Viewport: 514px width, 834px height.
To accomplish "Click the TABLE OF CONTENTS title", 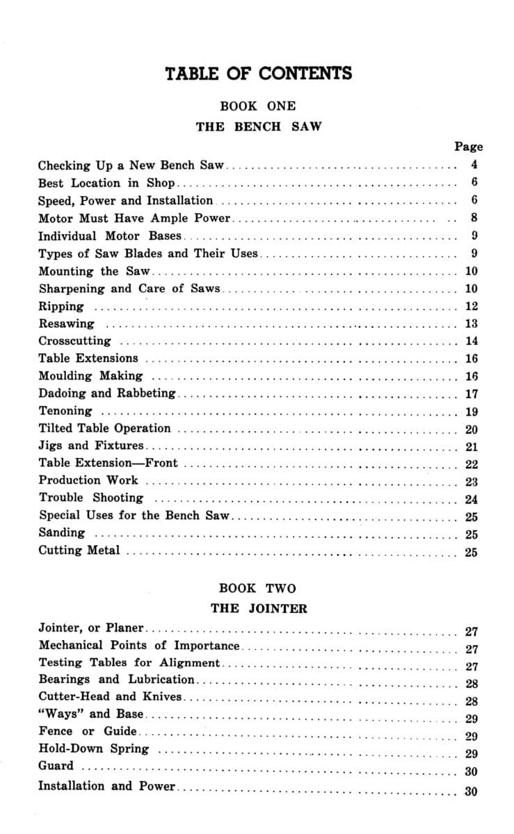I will pyautogui.click(x=258, y=74).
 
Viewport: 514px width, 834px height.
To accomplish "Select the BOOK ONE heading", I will pyautogui.click(x=257, y=106).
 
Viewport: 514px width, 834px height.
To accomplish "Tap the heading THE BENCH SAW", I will pyautogui.click(x=258, y=127).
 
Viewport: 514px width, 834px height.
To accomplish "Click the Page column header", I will pyautogui.click(x=468, y=146).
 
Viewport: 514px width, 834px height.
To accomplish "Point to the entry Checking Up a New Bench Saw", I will pyautogui.click(x=131, y=166).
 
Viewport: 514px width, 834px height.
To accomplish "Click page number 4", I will pyautogui.click(x=474, y=165).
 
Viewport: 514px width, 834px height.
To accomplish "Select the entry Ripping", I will pyautogui.click(x=61, y=306).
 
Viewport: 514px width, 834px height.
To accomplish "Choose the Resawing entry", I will pyautogui.click(x=66, y=324).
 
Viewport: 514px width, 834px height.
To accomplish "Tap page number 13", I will pyautogui.click(x=471, y=324).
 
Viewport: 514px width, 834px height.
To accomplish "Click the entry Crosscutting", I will pyautogui.click(x=74, y=341).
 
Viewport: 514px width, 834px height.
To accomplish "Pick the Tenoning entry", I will pyautogui.click(x=65, y=411).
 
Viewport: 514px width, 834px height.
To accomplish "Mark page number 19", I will pyautogui.click(x=471, y=411).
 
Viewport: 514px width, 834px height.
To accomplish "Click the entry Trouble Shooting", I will pyautogui.click(x=90, y=498).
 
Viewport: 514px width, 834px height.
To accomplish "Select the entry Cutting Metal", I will pyautogui.click(x=79, y=550).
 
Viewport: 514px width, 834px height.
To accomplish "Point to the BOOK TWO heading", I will pyautogui.click(x=257, y=588).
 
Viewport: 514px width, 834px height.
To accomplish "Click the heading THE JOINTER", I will pyautogui.click(x=258, y=609).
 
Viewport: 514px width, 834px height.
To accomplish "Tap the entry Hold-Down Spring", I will pyautogui.click(x=93, y=749).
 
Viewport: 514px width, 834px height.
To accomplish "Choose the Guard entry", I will pyautogui.click(x=56, y=766).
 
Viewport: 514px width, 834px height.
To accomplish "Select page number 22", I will pyautogui.click(x=471, y=464).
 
